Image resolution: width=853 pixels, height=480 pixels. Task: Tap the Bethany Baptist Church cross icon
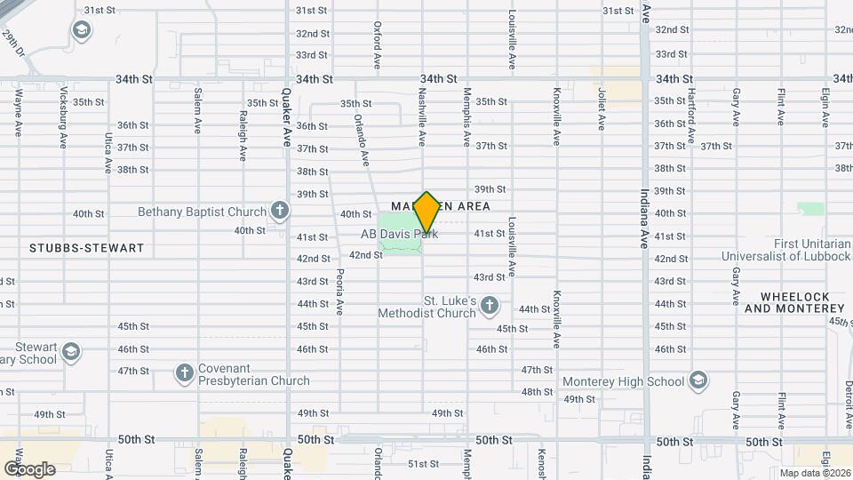coord(280,212)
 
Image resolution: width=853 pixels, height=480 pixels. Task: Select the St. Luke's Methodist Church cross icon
coord(489,308)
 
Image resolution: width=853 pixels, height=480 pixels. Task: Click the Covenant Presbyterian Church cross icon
coord(185,372)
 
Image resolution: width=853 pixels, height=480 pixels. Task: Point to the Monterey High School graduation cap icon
coord(698,380)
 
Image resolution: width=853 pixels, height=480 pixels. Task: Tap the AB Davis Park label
coord(399,235)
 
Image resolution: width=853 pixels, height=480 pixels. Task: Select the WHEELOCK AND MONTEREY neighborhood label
coord(793,302)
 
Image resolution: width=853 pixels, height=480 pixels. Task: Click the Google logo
coord(29,468)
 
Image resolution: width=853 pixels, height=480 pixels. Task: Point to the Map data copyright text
coord(813,473)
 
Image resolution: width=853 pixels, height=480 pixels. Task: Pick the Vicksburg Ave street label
coord(63,116)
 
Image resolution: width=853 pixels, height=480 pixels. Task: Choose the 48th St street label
coord(538,392)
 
